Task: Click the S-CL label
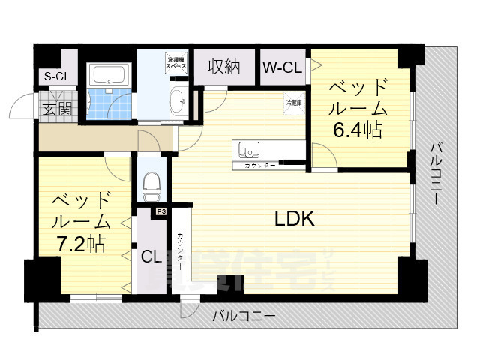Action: point(56,76)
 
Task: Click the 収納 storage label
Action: point(224,67)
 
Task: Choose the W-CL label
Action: point(282,67)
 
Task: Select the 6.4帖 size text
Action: point(358,130)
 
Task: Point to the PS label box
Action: point(161,212)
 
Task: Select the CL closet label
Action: point(151,256)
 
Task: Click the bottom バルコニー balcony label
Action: point(243,316)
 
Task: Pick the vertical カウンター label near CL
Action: point(181,252)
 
